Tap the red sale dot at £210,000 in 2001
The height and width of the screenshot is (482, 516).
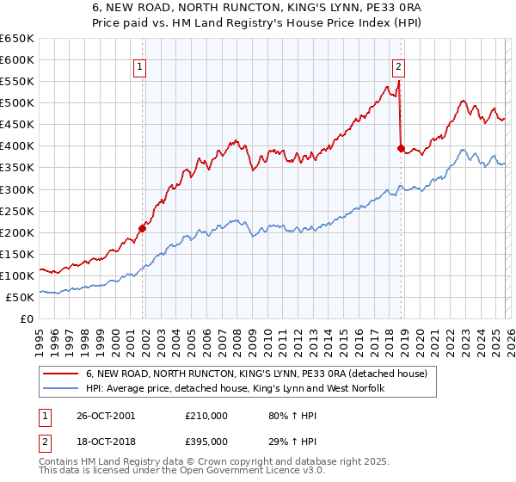tap(143, 228)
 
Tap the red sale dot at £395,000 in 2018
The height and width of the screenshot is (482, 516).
tap(401, 148)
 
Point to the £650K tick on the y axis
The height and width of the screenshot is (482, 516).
tap(17, 39)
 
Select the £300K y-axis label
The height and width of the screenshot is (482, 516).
tap(17, 189)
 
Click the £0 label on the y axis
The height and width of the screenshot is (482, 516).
tap(26, 318)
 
